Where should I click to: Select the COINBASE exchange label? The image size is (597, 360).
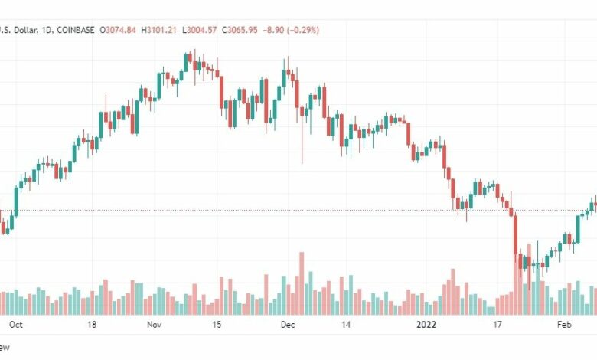pos(75,30)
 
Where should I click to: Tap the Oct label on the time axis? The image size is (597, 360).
pos(15,325)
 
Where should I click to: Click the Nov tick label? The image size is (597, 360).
pos(155,325)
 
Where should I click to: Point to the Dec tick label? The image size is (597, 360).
pos(288,325)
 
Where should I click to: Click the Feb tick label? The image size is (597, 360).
pos(565,325)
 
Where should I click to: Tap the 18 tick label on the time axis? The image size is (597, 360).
pos(92,325)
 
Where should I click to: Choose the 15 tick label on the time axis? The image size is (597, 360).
pos(217,325)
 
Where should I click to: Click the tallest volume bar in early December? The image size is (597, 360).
pos(302,283)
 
